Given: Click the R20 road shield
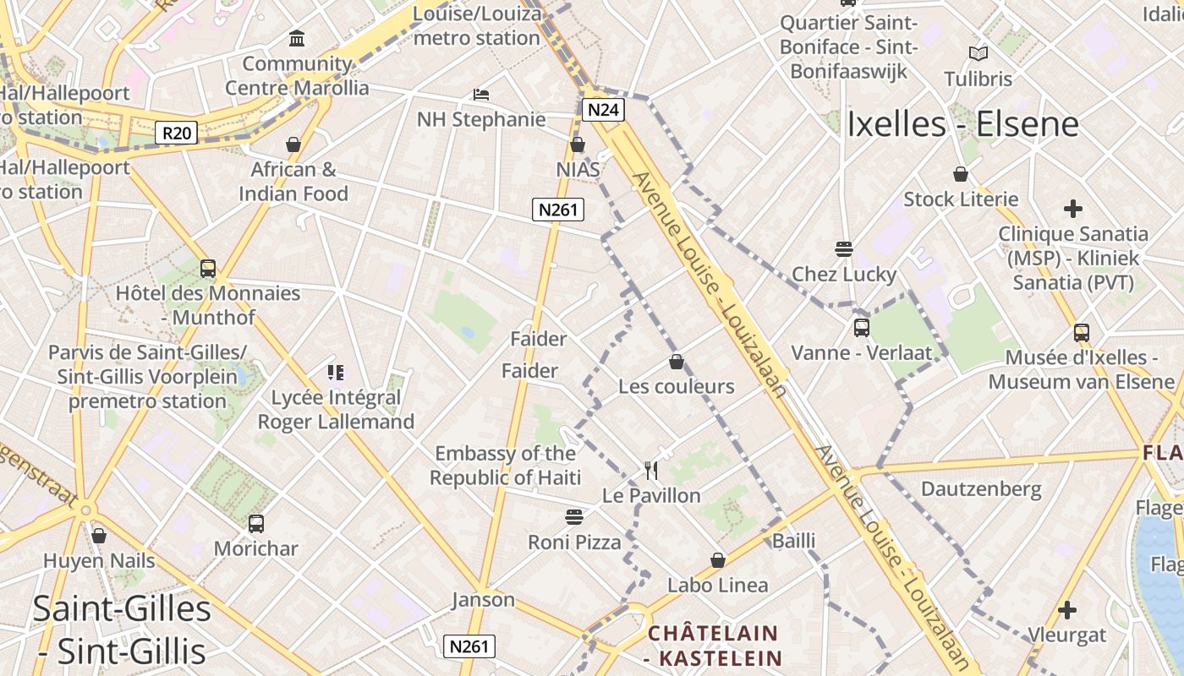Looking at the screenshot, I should tap(177, 133).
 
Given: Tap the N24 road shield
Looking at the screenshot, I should tap(603, 110).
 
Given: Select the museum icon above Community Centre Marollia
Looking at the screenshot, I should tap(297, 38).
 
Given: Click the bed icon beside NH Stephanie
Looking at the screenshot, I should tap(481, 95).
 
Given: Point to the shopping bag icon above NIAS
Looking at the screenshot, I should tap(578, 144).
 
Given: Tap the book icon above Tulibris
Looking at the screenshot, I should tap(978, 54).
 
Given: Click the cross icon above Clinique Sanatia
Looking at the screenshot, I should tap(1073, 208).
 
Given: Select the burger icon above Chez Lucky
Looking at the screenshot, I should tap(843, 249).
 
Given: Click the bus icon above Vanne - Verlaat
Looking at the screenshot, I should tap(862, 328).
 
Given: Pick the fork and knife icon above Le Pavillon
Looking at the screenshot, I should tap(650, 470).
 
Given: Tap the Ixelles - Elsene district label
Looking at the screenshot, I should tap(962, 124).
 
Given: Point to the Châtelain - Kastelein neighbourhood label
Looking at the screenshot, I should tap(713, 646).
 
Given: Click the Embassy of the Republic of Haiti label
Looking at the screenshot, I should tap(506, 466).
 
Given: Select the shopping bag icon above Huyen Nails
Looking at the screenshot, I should tap(99, 536).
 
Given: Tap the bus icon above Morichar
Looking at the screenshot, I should tap(256, 524).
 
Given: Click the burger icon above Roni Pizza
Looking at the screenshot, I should tap(574, 517).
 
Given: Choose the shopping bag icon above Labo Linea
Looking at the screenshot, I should tap(718, 560).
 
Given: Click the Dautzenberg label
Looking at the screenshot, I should tap(981, 488).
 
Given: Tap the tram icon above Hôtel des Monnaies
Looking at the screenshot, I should tap(208, 269).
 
